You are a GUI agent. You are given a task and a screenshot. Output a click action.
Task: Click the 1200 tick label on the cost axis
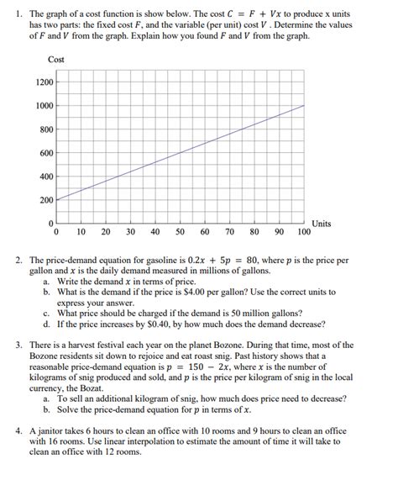point(44,82)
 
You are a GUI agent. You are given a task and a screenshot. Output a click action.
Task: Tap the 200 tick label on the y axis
point(45,200)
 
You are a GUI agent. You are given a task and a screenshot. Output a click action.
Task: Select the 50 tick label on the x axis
point(181,231)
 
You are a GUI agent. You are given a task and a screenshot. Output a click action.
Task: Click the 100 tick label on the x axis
point(304,231)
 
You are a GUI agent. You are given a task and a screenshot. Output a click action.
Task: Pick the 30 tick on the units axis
point(131,231)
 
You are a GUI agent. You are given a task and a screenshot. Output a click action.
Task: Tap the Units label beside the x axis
point(322,223)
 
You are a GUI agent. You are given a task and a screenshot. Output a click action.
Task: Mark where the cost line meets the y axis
point(56,200)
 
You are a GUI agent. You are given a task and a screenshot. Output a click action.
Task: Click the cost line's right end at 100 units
point(304,105)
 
